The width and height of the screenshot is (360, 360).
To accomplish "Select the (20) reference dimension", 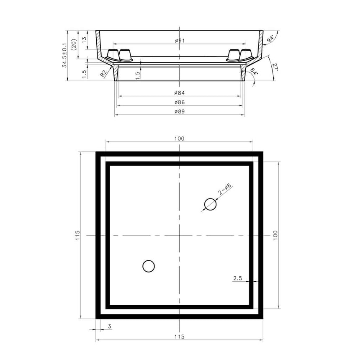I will [74, 45].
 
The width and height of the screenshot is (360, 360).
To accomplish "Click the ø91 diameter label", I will [180, 41].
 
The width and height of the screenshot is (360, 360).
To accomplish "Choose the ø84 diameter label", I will [180, 93].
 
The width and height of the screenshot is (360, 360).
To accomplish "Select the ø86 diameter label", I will [180, 102].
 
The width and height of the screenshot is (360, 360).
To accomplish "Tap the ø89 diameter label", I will [180, 111].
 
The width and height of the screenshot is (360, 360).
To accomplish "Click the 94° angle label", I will [271, 38].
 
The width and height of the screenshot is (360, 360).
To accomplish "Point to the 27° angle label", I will [275, 67].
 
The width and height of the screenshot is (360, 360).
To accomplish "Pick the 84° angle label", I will [254, 72].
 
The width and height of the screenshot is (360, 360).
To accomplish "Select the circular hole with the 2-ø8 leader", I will [210, 205].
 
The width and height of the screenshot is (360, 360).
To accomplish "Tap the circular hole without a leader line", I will [149, 266].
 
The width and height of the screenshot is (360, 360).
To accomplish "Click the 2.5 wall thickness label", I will [237, 278].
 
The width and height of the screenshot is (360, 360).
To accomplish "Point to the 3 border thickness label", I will [110, 326].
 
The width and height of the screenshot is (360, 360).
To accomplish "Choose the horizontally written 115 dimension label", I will [180, 337].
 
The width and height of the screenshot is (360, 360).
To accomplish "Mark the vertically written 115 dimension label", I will [78, 236].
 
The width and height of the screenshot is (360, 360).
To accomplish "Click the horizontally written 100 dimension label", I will [180, 138].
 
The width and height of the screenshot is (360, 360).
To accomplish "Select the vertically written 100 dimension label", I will [275, 235].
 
